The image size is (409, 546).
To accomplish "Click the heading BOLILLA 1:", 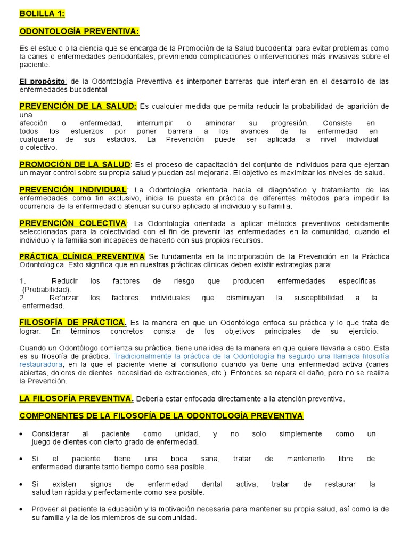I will (x=42, y=13).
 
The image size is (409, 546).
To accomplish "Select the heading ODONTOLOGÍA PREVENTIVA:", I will (x=79, y=31).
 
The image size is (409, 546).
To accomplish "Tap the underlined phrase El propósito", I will (x=43, y=81).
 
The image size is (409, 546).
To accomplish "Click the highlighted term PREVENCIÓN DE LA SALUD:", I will (x=78, y=106).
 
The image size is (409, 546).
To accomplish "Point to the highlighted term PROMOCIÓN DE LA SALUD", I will (x=75, y=164).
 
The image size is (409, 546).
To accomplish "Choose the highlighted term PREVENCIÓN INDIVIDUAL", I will (x=73, y=189).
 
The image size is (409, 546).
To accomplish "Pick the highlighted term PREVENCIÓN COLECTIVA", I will (x=73, y=222).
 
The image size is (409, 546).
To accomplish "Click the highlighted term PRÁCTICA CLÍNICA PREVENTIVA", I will (x=82, y=256).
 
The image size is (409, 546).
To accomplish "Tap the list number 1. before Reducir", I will (x=23, y=281).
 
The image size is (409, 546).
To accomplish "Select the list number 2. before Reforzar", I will (x=23, y=298).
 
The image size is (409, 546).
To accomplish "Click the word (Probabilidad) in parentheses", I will (x=47, y=289).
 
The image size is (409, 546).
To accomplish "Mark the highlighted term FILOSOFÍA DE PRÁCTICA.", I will (x=73, y=322).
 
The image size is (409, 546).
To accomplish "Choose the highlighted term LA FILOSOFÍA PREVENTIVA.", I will (x=76, y=398).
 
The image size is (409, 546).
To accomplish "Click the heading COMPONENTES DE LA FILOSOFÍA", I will (x=161, y=415).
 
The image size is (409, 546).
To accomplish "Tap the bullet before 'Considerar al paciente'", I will (x=21, y=433).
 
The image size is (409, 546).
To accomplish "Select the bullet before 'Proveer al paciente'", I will (x=21, y=509).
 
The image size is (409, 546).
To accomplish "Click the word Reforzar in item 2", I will (x=64, y=298).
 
